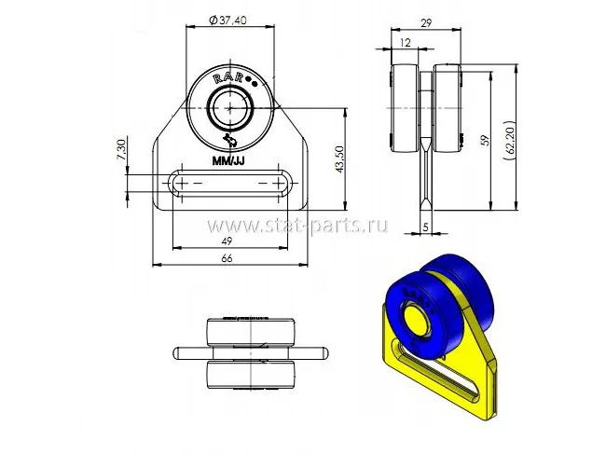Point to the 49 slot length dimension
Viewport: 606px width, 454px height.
[x=227, y=241]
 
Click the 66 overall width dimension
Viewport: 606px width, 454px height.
[x=227, y=258]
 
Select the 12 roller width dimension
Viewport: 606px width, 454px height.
[x=405, y=43]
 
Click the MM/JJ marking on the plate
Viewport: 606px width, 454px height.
[x=227, y=160]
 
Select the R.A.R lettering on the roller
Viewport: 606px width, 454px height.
[x=230, y=79]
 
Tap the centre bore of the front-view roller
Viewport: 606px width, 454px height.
[x=228, y=108]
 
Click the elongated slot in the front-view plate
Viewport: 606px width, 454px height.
[x=228, y=183]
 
